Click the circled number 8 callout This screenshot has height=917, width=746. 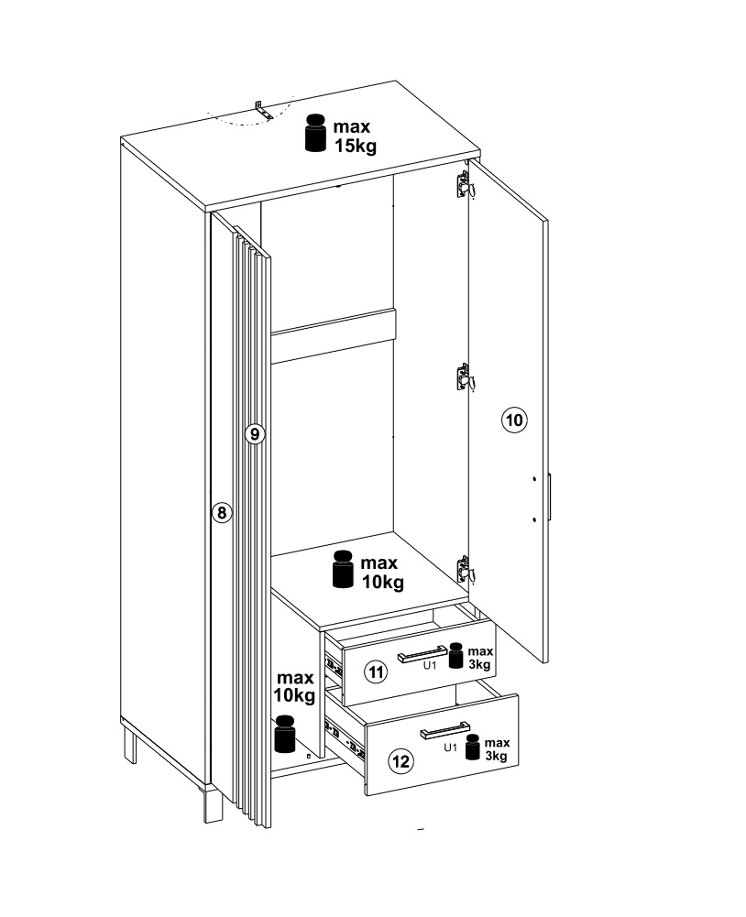coord(221,513)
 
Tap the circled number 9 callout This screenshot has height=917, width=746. coord(255,434)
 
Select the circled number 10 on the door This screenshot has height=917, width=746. coord(514,420)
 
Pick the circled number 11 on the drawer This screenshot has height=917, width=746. coord(377,672)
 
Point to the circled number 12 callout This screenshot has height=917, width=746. coord(401,761)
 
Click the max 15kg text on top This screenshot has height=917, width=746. coord(354,136)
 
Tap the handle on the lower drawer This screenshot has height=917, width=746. coord(444,730)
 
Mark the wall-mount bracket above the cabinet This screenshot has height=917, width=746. coord(263,111)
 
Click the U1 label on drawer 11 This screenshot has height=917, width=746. coord(430,665)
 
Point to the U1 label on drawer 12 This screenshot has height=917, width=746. coord(450,747)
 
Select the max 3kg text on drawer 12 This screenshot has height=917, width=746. coord(497,749)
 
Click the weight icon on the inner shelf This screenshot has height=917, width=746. coord(343,569)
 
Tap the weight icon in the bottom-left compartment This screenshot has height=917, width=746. coord(286,734)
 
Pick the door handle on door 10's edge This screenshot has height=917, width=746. coord(551,497)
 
